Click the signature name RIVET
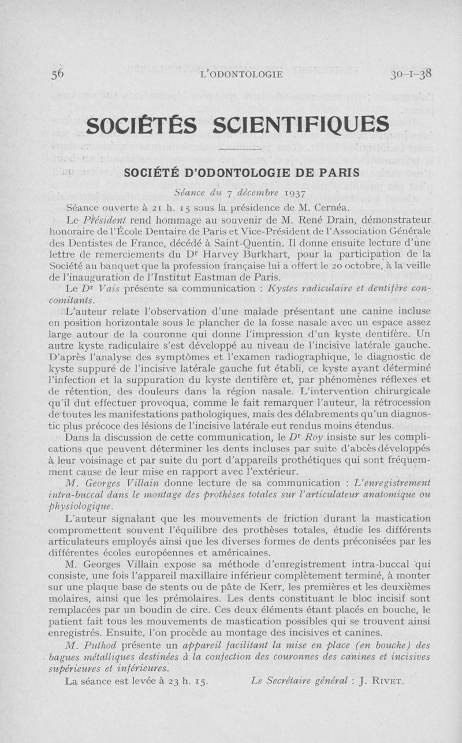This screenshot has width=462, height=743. [387, 681]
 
